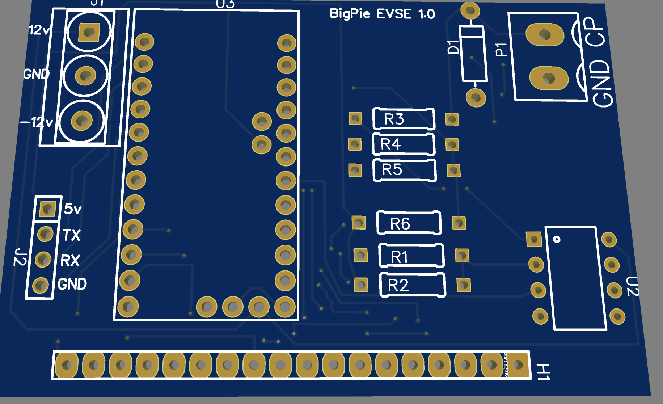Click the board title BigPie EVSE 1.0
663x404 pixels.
click(382, 14)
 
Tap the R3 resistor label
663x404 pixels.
click(394, 119)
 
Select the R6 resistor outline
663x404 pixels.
click(409, 223)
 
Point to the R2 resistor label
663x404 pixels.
click(398, 286)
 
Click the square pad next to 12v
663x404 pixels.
click(89, 32)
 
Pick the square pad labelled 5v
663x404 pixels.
click(47, 209)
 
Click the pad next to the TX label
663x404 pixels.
click(45, 234)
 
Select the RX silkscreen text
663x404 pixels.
click(70, 261)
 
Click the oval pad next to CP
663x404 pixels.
click(545, 35)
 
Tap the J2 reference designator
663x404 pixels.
click(20, 257)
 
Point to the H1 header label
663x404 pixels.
click(543, 372)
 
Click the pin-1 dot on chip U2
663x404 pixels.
click(557, 239)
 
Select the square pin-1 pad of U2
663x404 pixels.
click(534, 239)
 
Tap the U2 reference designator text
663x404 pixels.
click(632, 286)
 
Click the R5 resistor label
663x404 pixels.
click(392, 169)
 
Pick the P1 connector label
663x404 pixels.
click(501, 50)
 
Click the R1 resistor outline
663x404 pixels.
click(411, 256)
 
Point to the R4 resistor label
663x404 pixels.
click(390, 144)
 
